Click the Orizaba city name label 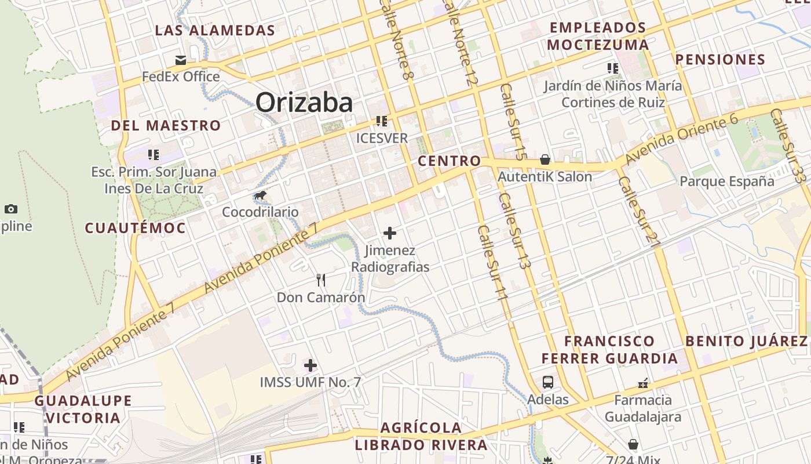304,103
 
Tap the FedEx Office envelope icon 181,60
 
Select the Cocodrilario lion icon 261,195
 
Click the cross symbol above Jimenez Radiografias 390,233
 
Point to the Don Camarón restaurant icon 321,280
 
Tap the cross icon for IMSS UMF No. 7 310,365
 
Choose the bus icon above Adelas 548,382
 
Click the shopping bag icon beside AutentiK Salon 545,159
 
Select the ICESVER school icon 382,121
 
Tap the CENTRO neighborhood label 450,161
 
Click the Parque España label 726,182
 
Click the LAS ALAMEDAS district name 215,31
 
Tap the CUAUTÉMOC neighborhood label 136,228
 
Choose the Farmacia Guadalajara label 643,408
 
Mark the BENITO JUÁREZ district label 746,341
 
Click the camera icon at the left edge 10,209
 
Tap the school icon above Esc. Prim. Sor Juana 154,155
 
